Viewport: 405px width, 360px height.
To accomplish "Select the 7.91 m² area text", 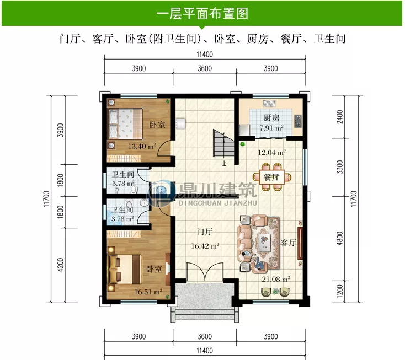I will [x=271, y=129].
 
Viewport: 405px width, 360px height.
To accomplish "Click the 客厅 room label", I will [x=289, y=243].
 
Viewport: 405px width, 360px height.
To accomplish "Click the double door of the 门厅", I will [x=204, y=274].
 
